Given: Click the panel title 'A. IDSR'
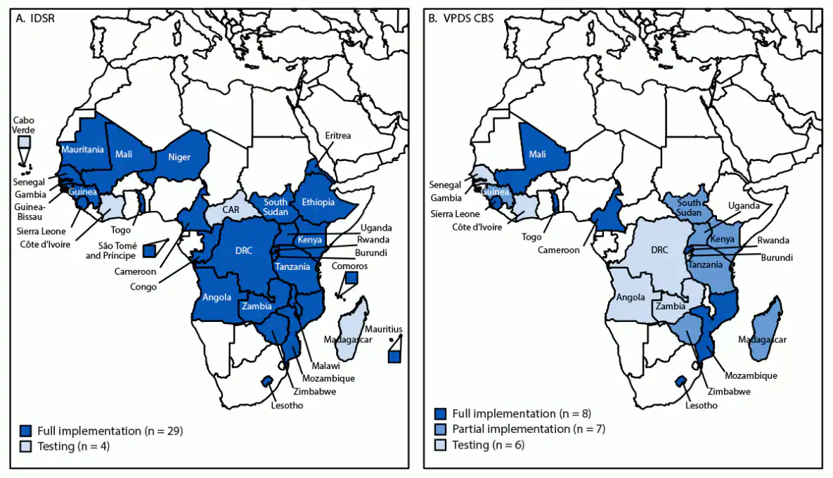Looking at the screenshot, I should [x=35, y=19].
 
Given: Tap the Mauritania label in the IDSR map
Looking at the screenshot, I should [x=82, y=149].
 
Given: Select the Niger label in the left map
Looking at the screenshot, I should [x=179, y=157].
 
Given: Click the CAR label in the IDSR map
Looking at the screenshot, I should [x=232, y=209].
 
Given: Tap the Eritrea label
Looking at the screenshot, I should [x=337, y=136].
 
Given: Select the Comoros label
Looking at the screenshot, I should [x=350, y=266].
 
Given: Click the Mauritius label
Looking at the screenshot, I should [x=383, y=328].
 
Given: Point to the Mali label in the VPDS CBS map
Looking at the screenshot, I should [x=537, y=155].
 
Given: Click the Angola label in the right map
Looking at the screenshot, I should [x=630, y=297].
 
